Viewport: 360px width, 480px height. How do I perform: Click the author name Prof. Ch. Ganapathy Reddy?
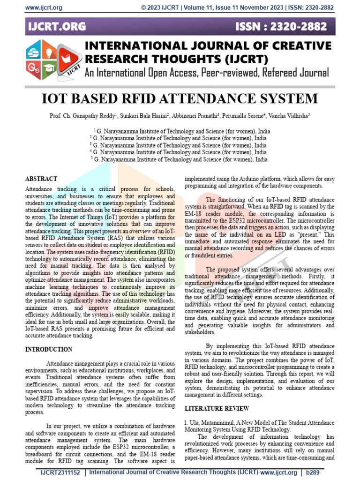(82, 115)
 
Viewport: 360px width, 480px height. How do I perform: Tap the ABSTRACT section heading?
(41, 179)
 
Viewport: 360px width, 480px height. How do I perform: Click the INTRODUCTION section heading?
(49, 350)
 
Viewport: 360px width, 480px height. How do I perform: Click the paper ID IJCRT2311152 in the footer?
(60, 472)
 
